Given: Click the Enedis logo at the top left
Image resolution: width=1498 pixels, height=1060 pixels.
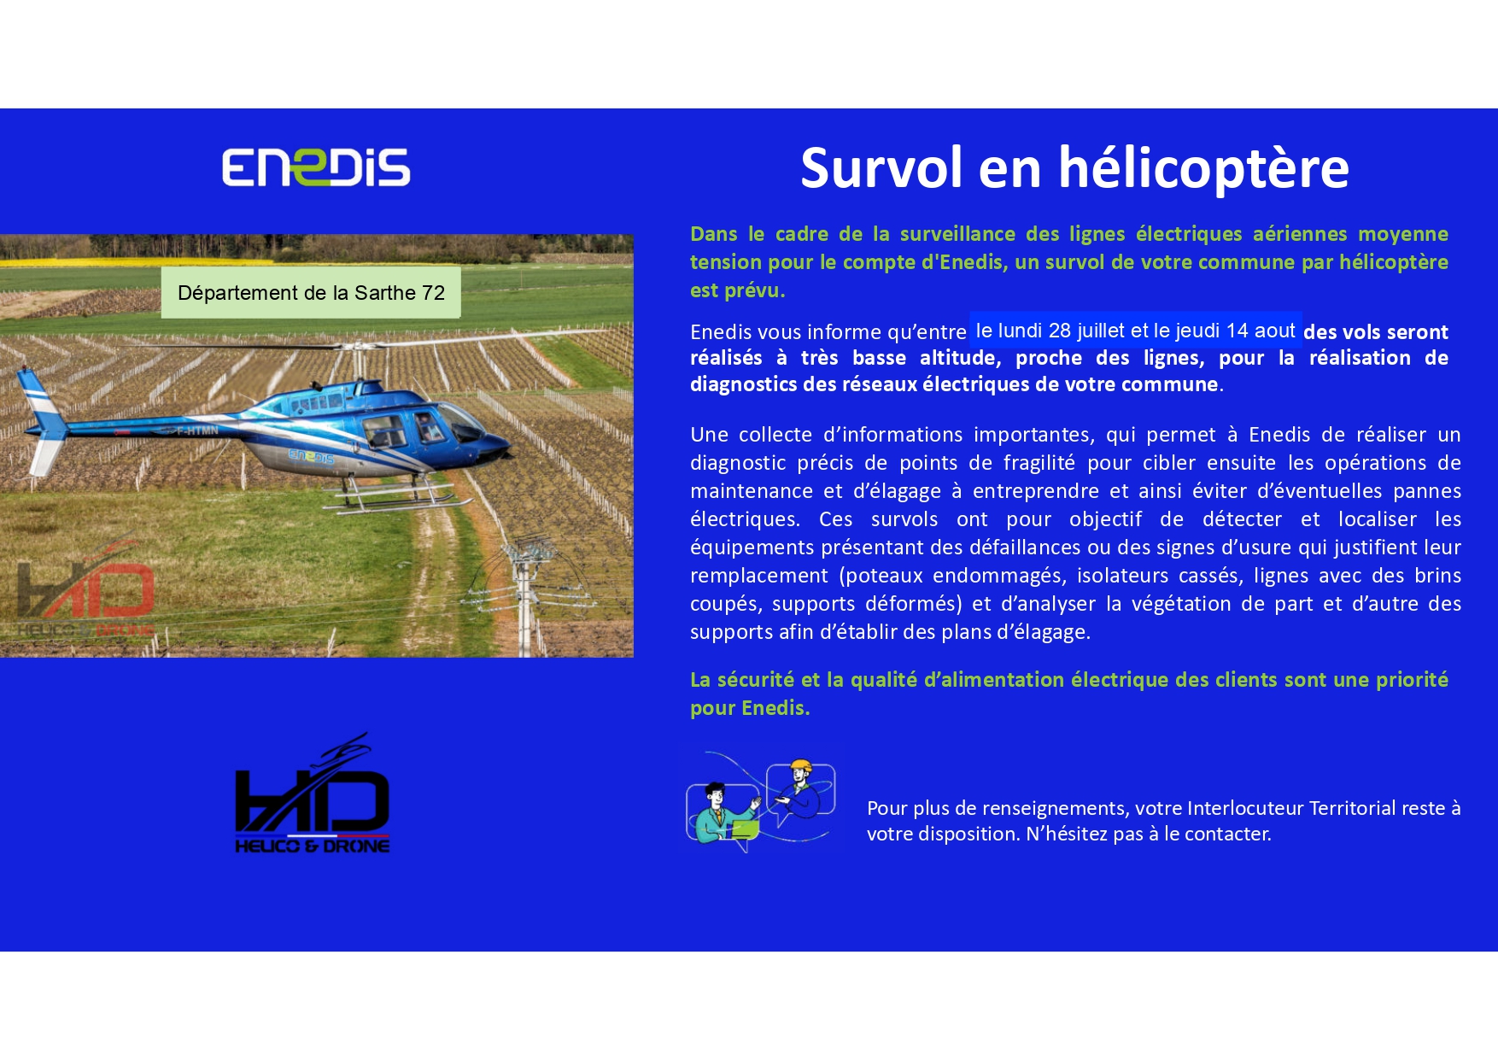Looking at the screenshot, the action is click(316, 167).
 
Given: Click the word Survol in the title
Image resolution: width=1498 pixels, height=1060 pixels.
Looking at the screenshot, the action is click(881, 167).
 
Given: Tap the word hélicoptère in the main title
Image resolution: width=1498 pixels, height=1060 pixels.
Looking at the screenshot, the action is click(1204, 168).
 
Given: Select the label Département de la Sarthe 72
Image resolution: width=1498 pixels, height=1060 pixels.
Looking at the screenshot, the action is click(311, 293).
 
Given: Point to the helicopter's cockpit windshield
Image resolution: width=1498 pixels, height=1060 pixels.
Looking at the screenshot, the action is click(458, 421).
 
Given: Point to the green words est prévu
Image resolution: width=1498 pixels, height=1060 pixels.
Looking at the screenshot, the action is click(737, 290).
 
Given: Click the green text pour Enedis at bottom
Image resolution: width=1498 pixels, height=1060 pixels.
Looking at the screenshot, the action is click(750, 708).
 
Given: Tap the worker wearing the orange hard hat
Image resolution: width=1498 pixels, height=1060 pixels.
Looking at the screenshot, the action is click(800, 789).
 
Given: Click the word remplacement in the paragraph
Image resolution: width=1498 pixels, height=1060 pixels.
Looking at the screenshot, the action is click(759, 577).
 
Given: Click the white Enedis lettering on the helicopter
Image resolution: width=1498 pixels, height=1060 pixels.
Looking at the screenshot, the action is click(312, 458).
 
